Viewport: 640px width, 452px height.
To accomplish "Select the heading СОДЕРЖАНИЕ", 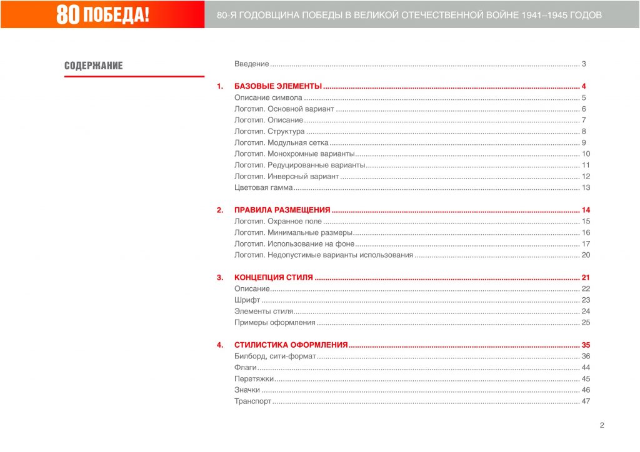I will tap(94, 66).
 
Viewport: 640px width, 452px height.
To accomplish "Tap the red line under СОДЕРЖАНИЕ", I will tap(134, 76).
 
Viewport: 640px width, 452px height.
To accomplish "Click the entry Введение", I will tap(251, 64).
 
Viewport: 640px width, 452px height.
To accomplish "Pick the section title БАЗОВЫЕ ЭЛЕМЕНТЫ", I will tap(277, 86).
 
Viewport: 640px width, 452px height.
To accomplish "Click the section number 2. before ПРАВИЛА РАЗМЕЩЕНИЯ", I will tap(220, 210).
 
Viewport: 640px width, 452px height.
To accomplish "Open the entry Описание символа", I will tap(268, 97).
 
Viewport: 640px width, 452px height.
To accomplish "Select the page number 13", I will tap(586, 187).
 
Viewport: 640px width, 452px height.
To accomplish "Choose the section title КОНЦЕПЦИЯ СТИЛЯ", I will tap(273, 277).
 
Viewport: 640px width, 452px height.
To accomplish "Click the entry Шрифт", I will tap(247, 300).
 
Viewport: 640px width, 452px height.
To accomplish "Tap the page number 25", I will tap(586, 322).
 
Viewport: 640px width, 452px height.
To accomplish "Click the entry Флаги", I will tap(246, 367).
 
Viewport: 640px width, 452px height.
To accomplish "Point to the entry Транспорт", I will tap(252, 401).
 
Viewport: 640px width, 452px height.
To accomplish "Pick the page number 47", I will tap(586, 401).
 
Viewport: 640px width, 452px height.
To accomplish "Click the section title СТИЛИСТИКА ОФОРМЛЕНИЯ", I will tap(291, 345).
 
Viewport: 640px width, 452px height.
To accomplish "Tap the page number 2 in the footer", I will tap(602, 426).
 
